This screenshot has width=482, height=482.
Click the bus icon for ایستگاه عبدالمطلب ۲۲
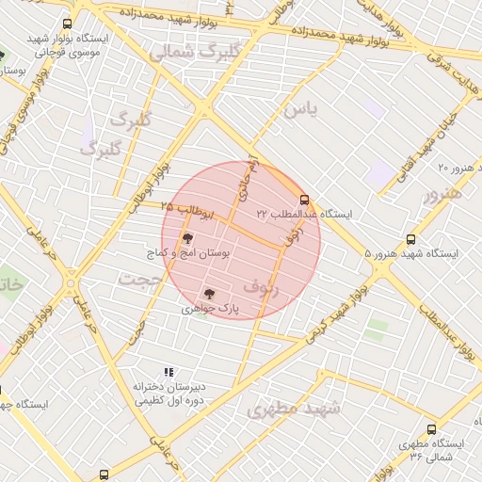[303, 200]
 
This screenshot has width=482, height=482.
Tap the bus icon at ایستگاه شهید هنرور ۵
[410, 239]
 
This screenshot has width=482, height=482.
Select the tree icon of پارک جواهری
[209, 293]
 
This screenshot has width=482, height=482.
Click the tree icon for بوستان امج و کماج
[186, 239]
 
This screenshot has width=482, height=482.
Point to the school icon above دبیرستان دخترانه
[169, 373]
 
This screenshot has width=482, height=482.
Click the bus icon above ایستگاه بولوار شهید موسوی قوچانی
[66, 24]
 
